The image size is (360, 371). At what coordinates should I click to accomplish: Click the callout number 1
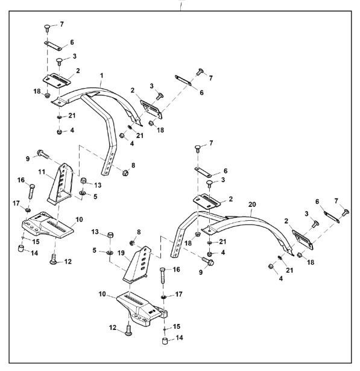(x=102, y=76)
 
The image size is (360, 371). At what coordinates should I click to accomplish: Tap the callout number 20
(x=252, y=205)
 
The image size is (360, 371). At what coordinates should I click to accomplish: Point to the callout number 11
(x=42, y=172)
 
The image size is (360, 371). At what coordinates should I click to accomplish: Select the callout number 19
(x=121, y=253)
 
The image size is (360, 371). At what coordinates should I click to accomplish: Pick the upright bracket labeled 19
(x=137, y=264)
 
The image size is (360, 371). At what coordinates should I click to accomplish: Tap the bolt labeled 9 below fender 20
(x=208, y=261)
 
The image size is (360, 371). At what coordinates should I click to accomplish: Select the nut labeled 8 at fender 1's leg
(x=125, y=173)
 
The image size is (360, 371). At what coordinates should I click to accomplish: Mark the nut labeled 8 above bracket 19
(x=133, y=243)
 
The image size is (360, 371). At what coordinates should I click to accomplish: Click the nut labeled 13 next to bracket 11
(x=84, y=181)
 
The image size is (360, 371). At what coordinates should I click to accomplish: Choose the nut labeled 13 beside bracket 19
(x=110, y=235)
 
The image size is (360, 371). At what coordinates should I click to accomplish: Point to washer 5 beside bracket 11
(x=83, y=194)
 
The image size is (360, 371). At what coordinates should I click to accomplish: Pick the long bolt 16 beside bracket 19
(x=163, y=276)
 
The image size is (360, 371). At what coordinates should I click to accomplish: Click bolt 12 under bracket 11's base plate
(x=54, y=259)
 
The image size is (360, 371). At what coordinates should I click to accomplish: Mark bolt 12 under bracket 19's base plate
(x=128, y=331)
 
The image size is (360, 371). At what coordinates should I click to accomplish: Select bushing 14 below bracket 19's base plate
(x=165, y=341)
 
